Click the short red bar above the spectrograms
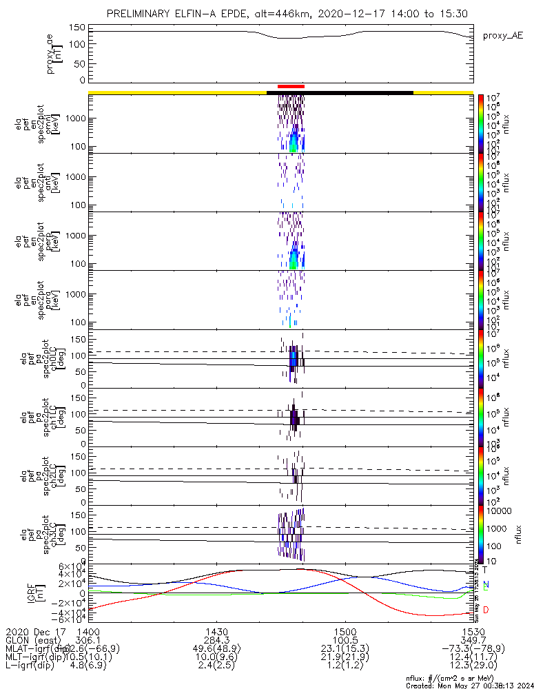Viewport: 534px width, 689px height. (x=290, y=86)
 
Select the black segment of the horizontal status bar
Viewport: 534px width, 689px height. (x=340, y=92)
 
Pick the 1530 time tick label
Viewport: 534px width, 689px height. (x=473, y=631)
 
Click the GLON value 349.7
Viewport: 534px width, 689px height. (x=473, y=640)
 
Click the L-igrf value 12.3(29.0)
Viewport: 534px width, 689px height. (x=473, y=667)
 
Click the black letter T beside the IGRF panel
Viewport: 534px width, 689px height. (x=485, y=570)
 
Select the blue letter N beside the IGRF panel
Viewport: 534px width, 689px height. (x=486, y=585)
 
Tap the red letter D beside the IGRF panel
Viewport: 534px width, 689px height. (x=486, y=610)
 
